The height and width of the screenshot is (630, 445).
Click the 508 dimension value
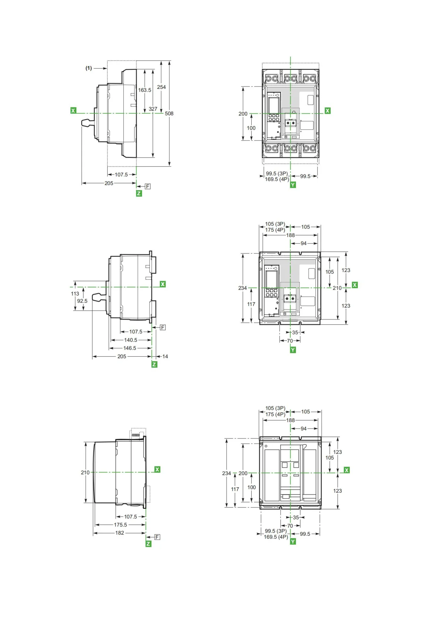(x=169, y=113)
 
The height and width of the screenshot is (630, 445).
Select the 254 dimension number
(x=161, y=87)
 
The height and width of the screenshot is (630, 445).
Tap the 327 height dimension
(x=153, y=109)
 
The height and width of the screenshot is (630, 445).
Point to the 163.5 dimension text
(x=145, y=90)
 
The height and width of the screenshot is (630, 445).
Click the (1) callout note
(x=88, y=68)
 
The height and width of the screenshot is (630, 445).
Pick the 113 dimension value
(x=75, y=294)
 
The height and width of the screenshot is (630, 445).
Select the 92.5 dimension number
(x=82, y=301)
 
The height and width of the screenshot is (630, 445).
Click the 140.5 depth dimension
(x=131, y=340)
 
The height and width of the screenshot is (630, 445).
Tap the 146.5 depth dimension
(x=130, y=348)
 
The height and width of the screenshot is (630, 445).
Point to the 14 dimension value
(x=165, y=356)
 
